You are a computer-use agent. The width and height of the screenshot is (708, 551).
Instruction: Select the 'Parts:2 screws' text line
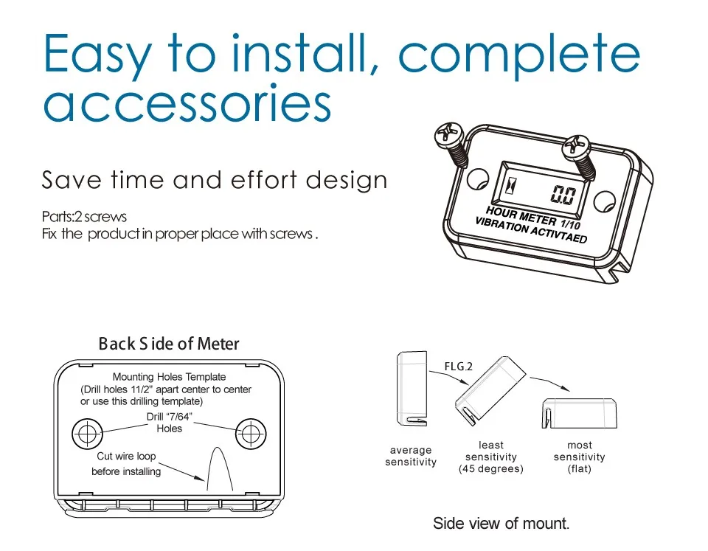point(84,217)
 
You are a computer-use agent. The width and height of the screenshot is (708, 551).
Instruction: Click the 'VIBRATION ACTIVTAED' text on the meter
point(530,230)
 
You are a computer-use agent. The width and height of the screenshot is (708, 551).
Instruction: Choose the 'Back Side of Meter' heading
point(169,344)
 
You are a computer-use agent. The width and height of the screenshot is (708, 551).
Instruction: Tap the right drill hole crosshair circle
point(250,433)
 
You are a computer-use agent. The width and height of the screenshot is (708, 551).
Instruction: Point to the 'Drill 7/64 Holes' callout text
point(170,423)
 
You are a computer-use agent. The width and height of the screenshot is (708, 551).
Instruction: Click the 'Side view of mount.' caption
point(501,524)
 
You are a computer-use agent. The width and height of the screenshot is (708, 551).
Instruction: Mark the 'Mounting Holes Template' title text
point(169,377)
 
